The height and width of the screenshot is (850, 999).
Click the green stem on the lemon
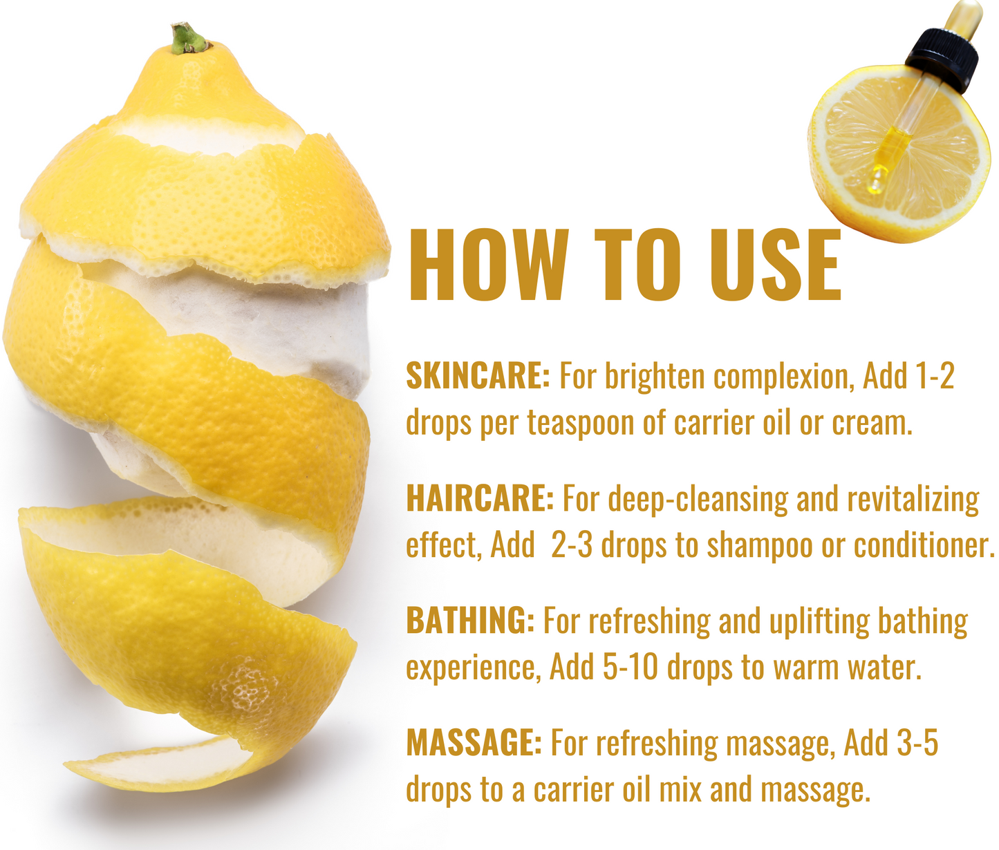click(x=189, y=39)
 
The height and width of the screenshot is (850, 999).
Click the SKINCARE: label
click(x=478, y=376)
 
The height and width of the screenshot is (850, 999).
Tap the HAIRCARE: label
click(x=480, y=498)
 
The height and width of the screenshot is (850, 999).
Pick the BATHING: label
click(x=470, y=621)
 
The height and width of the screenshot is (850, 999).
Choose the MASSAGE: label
click(x=474, y=743)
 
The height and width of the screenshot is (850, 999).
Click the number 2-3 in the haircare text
click(x=572, y=545)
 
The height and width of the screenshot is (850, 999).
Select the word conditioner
click(x=924, y=545)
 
